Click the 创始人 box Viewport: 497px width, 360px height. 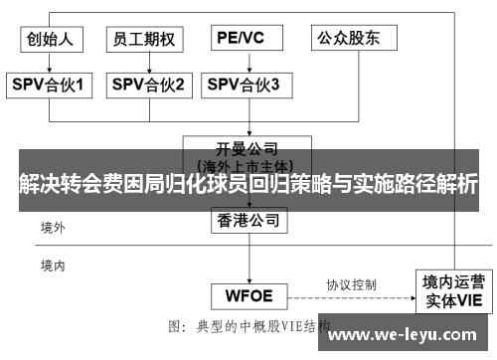pyautogui.click(x=50, y=39)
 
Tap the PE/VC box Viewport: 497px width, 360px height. pyautogui.click(x=241, y=39)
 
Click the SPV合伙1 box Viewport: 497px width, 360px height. pyautogui.click(x=50, y=86)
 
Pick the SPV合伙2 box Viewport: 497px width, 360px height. pyautogui.click(x=146, y=86)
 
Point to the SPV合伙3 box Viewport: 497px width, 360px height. pyautogui.click(x=243, y=86)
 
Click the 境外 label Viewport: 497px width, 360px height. pyautogui.click(x=53, y=228)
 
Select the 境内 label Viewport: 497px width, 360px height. pyautogui.click(x=53, y=266)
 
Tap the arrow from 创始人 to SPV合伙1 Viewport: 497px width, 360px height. pyautogui.click(x=50, y=62)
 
